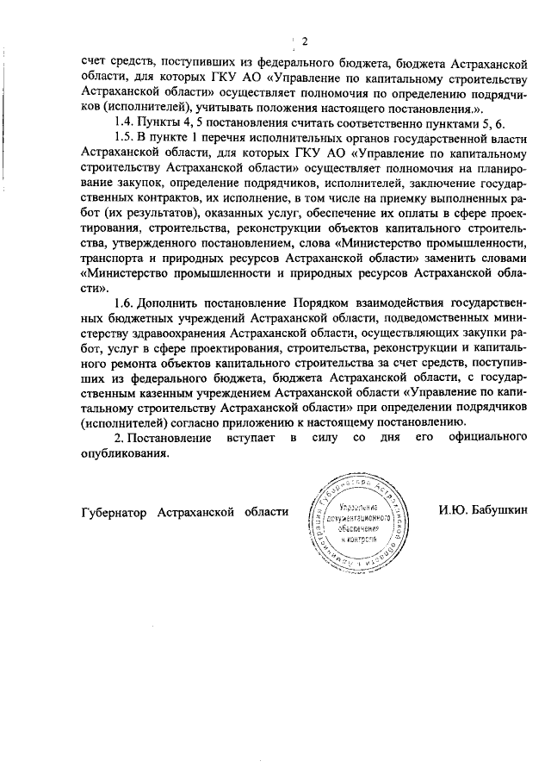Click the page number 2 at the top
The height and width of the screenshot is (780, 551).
click(305, 41)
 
